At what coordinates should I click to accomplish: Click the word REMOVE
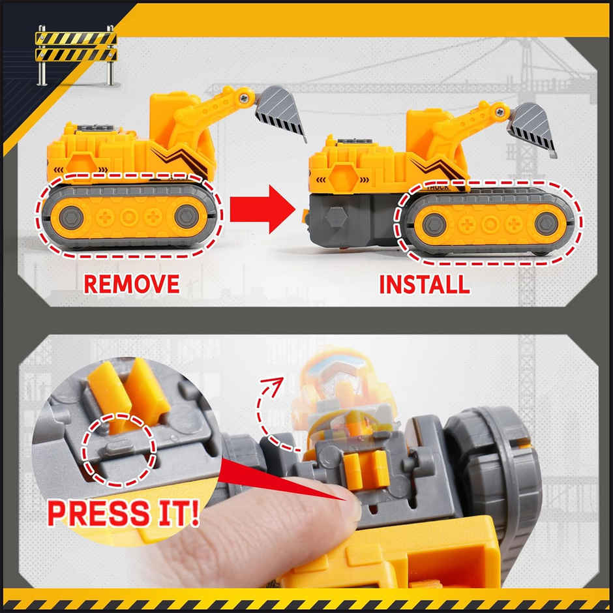point(131,284)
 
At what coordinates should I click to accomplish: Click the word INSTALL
point(425,284)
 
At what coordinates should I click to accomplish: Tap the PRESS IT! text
point(123,514)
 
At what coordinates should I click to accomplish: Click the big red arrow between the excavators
point(268,209)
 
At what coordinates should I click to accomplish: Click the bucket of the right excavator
point(532,128)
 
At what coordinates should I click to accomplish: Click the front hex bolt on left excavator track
point(187,216)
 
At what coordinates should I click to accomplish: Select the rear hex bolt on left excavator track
point(70,217)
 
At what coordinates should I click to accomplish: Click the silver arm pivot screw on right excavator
point(499,112)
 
